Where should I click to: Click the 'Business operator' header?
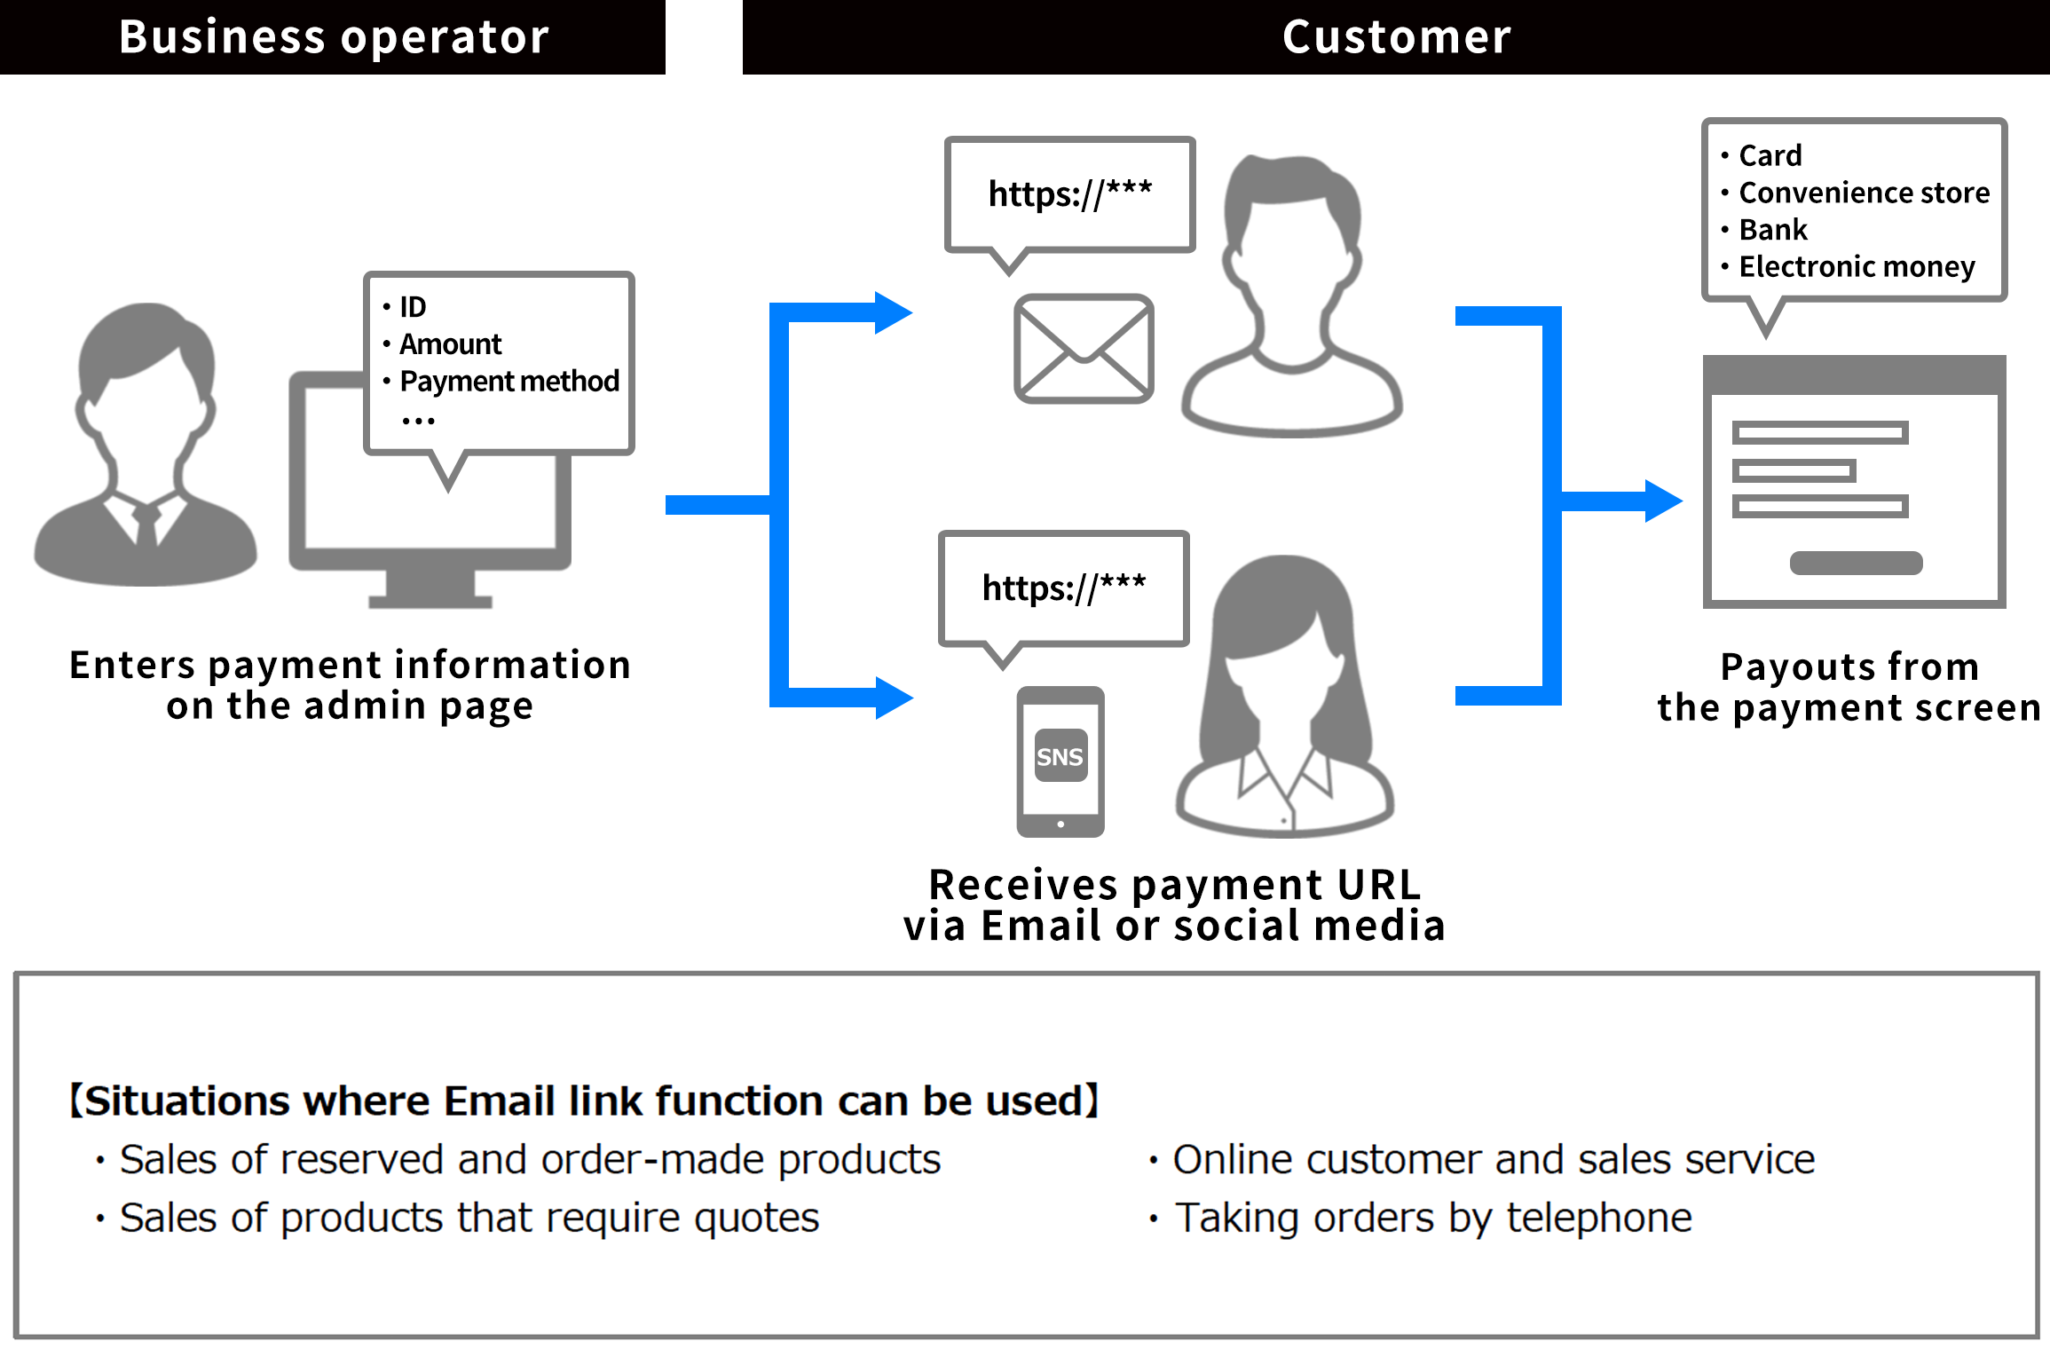pos(334,37)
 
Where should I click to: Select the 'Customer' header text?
pos(1396,37)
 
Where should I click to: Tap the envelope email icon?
pos(1084,349)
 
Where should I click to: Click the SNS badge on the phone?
pos(1060,756)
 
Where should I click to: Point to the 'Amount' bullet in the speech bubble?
pos(450,343)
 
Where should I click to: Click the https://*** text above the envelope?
pos(1069,194)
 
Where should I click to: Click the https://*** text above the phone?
pos(1063,588)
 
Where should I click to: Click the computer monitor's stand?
pos(430,588)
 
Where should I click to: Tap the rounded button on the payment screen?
pos(1856,563)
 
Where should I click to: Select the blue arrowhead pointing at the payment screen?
pos(1663,501)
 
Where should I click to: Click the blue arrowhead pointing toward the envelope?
pos(893,312)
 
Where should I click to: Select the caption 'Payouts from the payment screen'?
pos(1849,687)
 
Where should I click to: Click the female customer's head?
pos(1283,639)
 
